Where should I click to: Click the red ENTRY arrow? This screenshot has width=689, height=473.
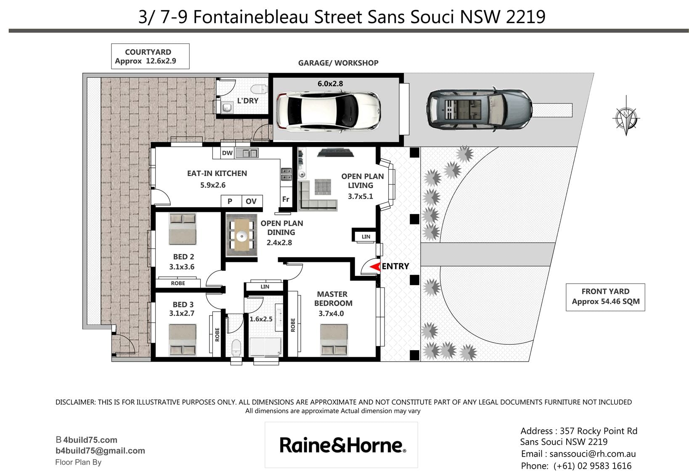375,267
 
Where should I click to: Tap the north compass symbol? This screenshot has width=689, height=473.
626,118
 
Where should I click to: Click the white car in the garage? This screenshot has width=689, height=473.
328,111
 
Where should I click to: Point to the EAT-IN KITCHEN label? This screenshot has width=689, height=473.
217,174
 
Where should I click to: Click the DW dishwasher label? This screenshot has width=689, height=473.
227,153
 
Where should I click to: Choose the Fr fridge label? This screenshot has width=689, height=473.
286,199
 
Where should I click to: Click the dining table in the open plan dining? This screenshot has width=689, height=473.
242,235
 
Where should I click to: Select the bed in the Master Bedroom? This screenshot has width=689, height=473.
334,340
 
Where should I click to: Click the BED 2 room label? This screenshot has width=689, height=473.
183,257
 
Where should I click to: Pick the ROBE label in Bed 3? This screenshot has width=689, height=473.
217,334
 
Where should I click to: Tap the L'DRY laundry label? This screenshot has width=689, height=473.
248,100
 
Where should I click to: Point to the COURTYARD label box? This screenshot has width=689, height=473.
150,56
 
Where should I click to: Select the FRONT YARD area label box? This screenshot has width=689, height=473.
605,297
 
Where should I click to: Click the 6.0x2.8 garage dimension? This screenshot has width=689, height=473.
330,84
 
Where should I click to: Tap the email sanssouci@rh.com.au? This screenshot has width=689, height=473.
592,454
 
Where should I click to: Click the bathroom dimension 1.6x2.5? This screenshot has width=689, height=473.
261,319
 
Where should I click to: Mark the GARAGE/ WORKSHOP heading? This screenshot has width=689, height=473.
338,63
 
